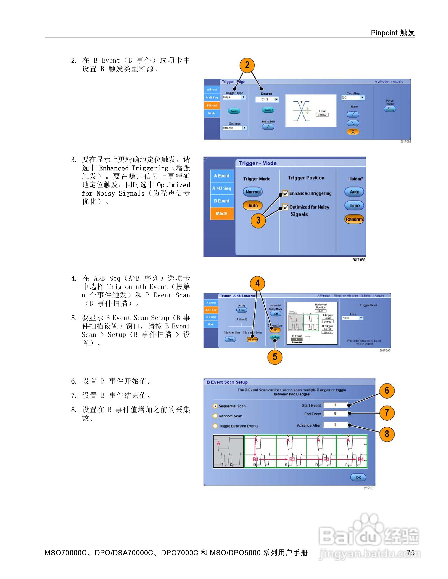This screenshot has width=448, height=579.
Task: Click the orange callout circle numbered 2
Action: tap(247, 65)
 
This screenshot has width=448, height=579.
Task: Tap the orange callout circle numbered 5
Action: tap(275, 357)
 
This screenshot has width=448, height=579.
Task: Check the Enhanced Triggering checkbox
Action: tap(285, 193)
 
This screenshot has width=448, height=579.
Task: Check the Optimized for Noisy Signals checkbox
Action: tap(285, 207)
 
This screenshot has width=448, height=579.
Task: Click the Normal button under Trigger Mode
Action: tap(253, 192)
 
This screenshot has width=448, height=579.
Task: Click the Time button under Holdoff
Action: tap(354, 205)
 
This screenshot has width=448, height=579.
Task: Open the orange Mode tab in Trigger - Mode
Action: tap(222, 214)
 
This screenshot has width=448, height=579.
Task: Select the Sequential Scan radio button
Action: tap(215, 406)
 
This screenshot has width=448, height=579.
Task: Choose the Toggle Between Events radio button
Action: tap(215, 426)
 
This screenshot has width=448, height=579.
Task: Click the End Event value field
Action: tap(335, 414)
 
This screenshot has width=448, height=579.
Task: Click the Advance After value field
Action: tap(335, 425)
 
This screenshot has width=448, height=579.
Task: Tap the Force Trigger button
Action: tap(390, 109)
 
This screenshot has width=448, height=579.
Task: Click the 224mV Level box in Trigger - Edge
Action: tap(322, 115)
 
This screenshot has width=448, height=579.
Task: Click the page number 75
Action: tap(411, 552)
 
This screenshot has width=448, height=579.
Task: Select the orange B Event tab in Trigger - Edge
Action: tap(212, 105)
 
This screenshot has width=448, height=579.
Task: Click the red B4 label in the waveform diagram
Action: tap(360, 459)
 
